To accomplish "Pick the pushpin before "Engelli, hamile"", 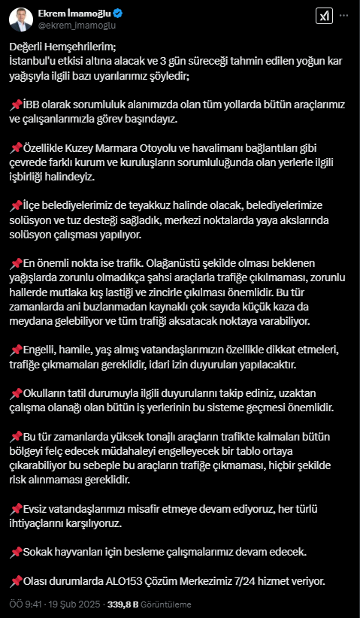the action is click(16, 350).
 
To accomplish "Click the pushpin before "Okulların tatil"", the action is click(16, 393).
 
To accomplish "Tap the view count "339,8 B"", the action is click(123, 604).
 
